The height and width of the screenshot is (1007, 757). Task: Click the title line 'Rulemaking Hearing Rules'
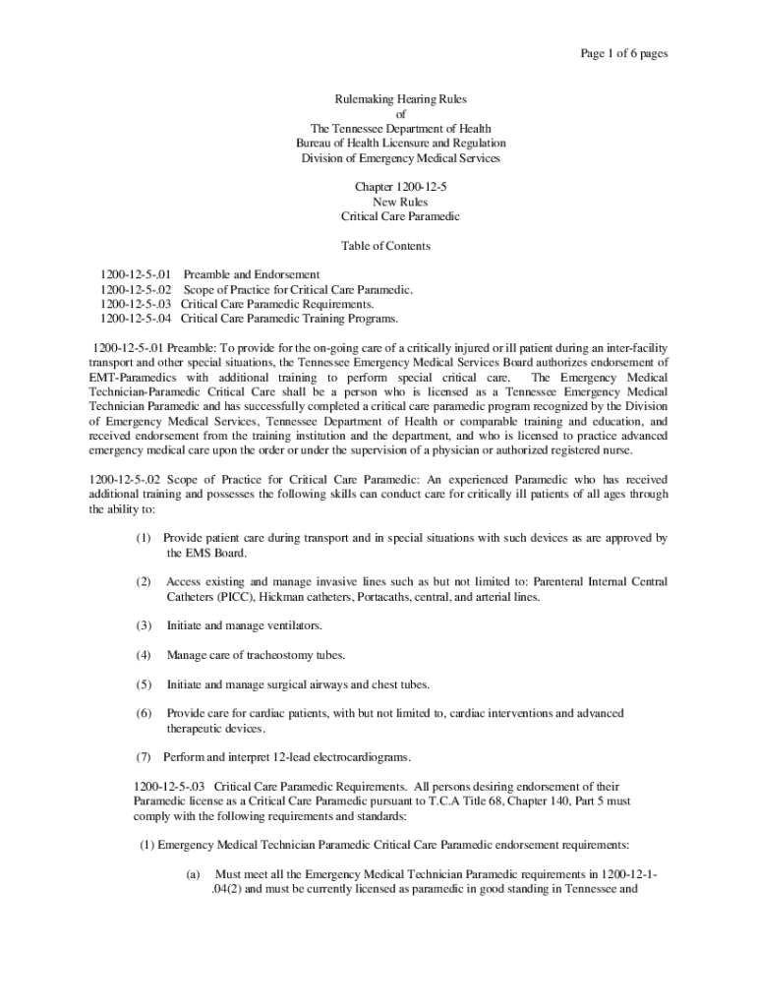click(400, 99)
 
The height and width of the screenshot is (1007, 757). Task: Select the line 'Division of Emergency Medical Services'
click(400, 158)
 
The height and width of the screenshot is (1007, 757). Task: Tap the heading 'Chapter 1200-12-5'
click(400, 187)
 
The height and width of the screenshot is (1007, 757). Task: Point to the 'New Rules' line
click(400, 202)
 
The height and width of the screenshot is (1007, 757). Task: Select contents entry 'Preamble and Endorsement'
click(251, 274)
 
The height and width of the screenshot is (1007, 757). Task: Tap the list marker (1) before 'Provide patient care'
click(144, 539)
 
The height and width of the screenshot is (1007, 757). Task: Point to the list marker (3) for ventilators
click(144, 625)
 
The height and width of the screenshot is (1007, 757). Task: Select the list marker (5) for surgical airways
click(144, 684)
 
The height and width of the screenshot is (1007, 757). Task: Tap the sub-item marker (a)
click(193, 873)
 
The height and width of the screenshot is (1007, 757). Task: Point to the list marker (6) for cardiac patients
click(144, 713)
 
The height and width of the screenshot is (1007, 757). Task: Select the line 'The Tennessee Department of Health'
click(400, 129)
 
